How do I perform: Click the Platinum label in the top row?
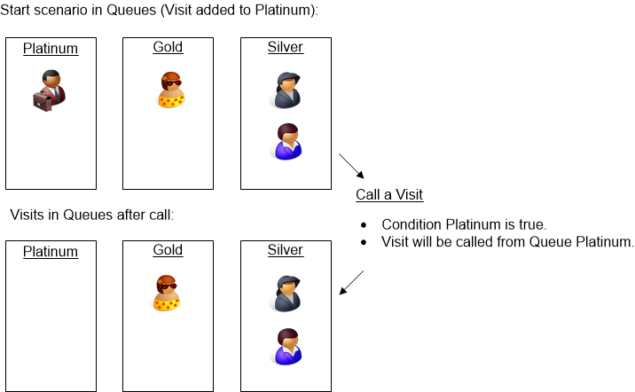(x=51, y=49)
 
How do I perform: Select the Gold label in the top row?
(x=168, y=47)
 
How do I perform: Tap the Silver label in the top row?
(x=285, y=47)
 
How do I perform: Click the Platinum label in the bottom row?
(x=51, y=252)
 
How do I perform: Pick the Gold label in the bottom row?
(x=168, y=250)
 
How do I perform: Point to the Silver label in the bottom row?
(x=285, y=250)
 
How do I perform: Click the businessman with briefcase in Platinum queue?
(x=49, y=90)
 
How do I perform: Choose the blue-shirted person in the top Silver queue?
(x=285, y=142)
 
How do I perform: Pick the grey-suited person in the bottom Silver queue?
(x=285, y=294)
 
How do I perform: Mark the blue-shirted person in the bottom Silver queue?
(x=285, y=346)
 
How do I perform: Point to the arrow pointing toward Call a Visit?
(x=352, y=166)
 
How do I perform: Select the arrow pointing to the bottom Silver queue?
(x=352, y=282)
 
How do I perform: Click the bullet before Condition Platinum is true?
(x=364, y=223)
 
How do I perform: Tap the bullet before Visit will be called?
(x=364, y=241)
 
